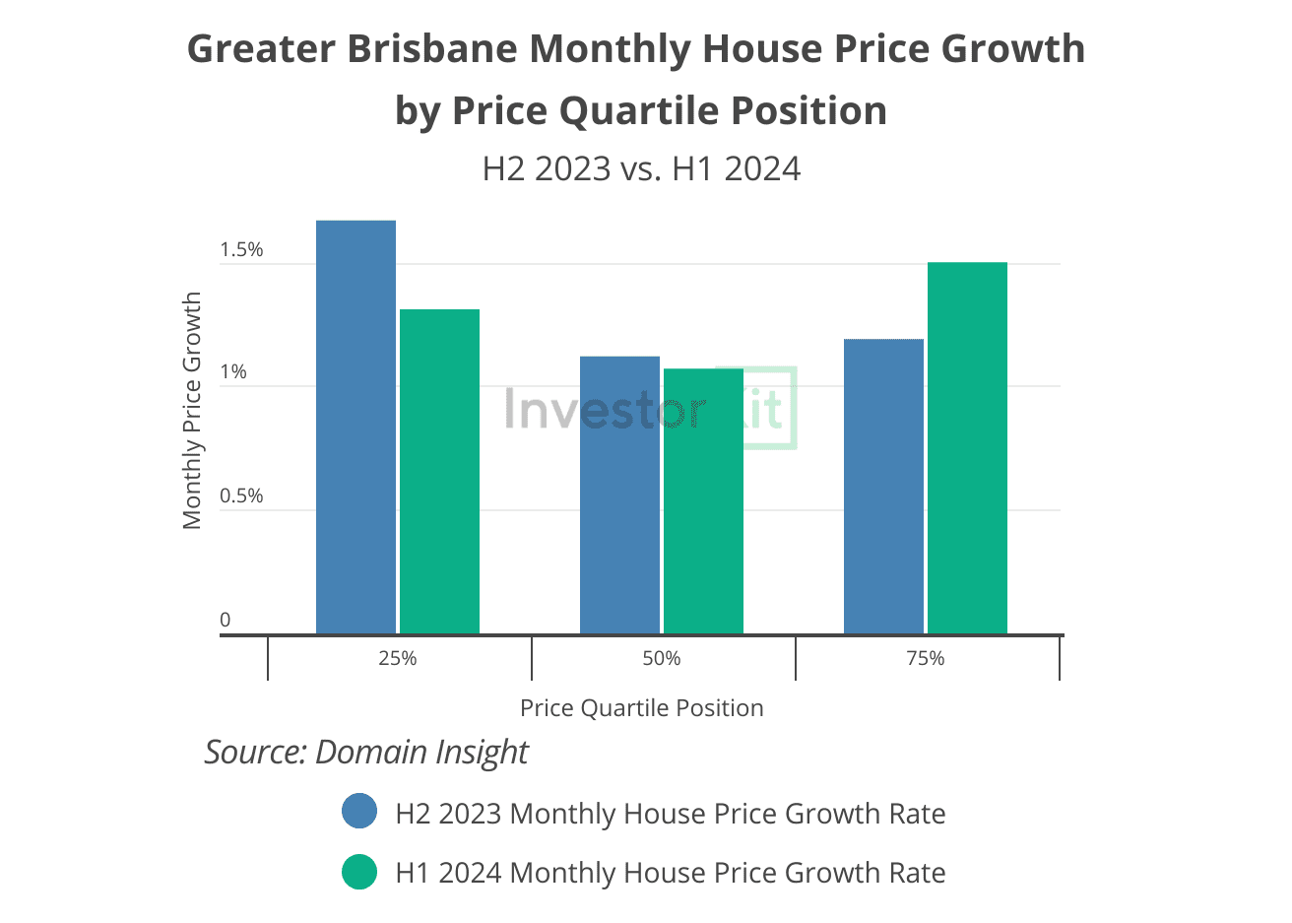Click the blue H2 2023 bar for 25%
[355, 427]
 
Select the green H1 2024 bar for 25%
[439, 471]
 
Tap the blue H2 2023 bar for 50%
[619, 494]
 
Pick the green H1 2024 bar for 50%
[703, 500]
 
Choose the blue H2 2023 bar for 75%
[883, 486]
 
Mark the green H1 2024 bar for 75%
[967, 447]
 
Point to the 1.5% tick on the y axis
[241, 250]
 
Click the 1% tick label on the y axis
[233, 372]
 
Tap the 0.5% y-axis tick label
[241, 495]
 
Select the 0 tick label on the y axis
[225, 620]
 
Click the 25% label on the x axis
[398, 658]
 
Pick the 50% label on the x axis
[662, 658]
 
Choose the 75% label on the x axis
[926, 658]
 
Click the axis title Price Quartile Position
[641, 708]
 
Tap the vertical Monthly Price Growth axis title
[192, 410]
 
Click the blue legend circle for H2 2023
[359, 812]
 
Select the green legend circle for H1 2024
[359, 871]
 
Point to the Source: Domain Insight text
[366, 752]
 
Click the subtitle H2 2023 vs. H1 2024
[641, 168]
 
